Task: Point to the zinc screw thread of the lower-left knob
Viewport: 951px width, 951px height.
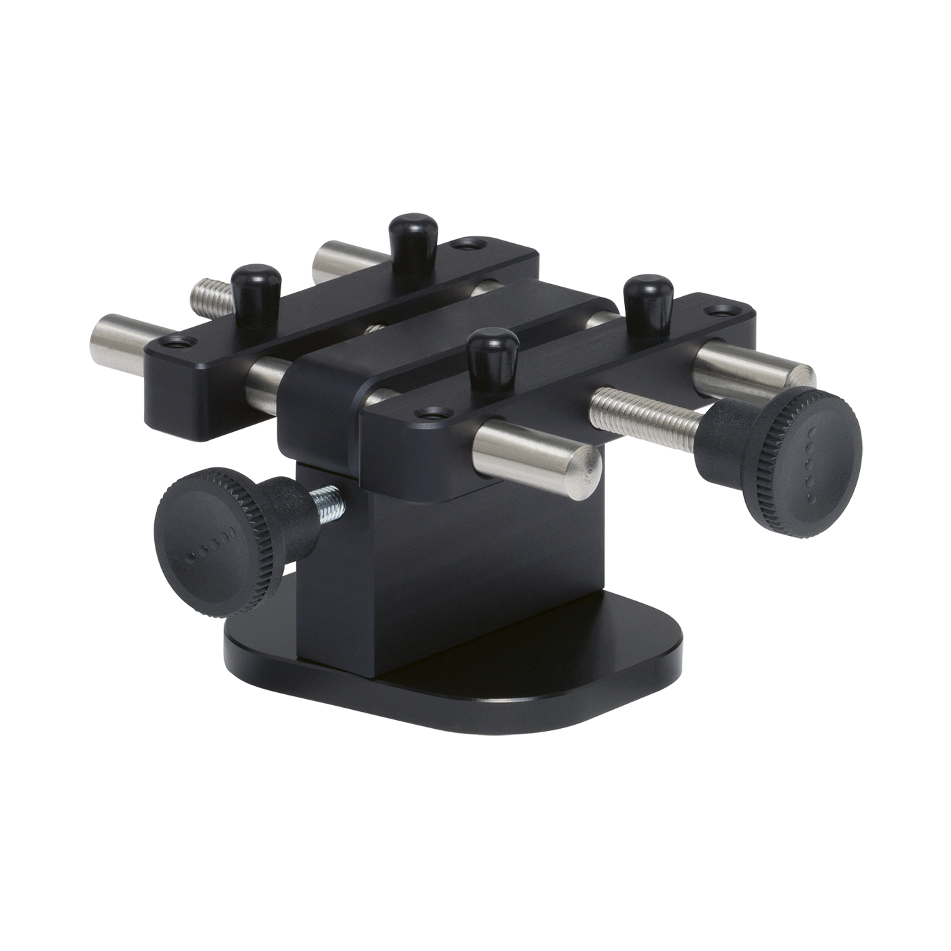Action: tap(328, 503)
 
